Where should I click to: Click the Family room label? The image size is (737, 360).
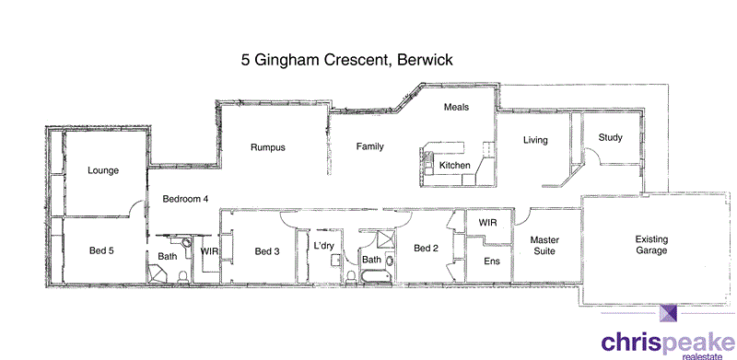(370, 146)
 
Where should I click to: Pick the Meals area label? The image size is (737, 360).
(457, 108)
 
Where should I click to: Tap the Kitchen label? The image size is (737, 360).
(454, 166)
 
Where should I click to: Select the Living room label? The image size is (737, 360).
(535, 141)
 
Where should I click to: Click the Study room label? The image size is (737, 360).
(610, 138)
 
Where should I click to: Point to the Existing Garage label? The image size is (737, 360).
(658, 245)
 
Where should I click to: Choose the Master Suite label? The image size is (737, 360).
(545, 245)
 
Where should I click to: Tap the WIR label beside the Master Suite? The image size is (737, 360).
(488, 222)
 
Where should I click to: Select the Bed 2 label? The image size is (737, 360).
(426, 249)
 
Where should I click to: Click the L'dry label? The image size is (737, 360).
(323, 246)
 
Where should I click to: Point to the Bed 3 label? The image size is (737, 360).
(267, 251)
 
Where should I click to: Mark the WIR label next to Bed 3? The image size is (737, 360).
(209, 250)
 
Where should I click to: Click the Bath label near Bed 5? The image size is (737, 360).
(167, 257)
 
